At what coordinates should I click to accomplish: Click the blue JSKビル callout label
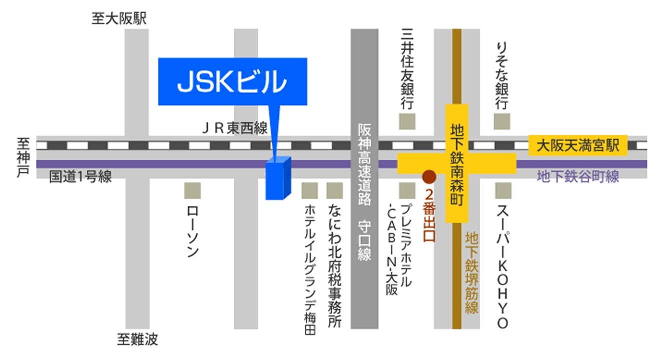(x=232, y=81)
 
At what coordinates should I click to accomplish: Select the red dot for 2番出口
(x=429, y=177)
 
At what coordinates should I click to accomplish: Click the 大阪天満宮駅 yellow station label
(x=578, y=146)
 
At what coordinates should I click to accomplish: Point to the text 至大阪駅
(x=118, y=19)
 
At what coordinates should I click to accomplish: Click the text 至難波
(x=138, y=340)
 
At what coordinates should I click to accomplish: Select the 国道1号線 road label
(x=80, y=176)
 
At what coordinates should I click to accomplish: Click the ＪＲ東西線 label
(x=235, y=128)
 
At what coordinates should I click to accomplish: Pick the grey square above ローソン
(x=192, y=190)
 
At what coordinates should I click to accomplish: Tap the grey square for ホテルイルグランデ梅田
(x=310, y=190)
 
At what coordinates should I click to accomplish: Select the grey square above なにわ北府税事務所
(x=335, y=190)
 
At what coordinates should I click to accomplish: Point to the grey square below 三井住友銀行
(x=407, y=121)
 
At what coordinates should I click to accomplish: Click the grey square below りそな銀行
(x=502, y=121)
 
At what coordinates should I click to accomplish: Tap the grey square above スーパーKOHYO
(x=503, y=190)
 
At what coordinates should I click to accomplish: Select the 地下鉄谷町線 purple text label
(x=578, y=176)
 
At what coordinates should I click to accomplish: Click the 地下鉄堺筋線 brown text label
(x=472, y=272)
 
